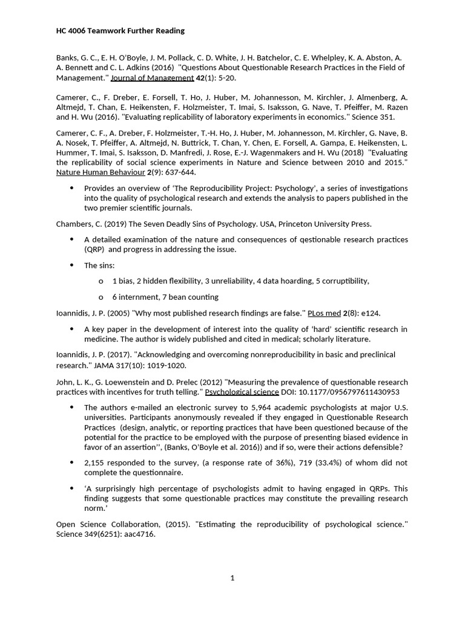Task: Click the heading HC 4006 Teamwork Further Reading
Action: point(120,31)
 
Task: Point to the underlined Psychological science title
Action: point(242,392)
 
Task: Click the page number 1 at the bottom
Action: point(232,578)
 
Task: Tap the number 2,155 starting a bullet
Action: point(96,463)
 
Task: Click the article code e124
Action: point(371,313)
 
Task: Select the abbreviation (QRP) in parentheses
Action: point(94,249)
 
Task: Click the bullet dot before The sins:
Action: point(71,265)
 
